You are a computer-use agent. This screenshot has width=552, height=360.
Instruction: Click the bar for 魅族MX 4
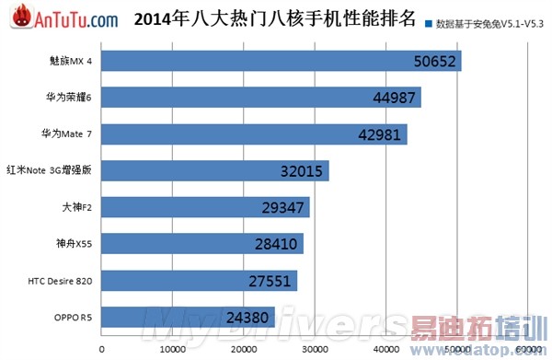coord(281,62)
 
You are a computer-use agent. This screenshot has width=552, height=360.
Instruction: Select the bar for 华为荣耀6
coord(261,98)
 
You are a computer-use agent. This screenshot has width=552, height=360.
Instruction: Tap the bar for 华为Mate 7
coord(254,134)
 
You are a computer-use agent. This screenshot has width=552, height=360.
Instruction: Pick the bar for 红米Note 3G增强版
coord(215,171)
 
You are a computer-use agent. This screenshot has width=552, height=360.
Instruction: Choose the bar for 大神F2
coord(205,207)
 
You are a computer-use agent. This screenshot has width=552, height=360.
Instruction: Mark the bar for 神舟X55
coord(202,244)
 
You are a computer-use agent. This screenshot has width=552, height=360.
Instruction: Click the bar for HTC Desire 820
coord(200,280)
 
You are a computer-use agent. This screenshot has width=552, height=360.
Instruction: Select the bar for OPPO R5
coord(189,317)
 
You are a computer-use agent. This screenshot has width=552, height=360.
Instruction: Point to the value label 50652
coord(436,62)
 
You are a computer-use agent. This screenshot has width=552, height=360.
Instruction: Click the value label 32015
coord(304,171)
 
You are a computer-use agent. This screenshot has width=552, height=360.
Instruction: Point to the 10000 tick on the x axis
coord(172,349)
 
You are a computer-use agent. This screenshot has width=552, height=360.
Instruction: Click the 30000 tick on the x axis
coord(315,349)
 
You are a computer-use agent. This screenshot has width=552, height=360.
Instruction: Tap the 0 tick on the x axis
coord(101,349)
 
